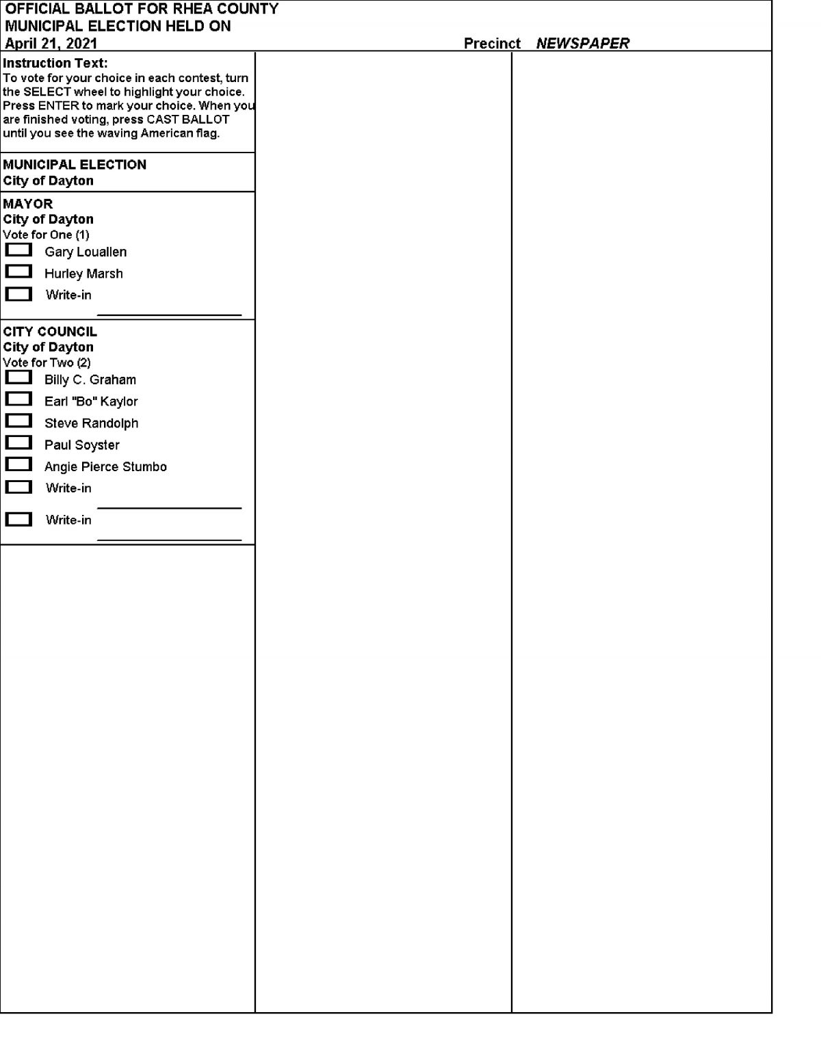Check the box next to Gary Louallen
tap(18, 250)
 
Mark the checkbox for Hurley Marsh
tap(18, 272)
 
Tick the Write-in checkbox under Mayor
tap(18, 294)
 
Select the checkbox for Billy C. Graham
tap(18, 377)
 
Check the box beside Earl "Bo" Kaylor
tap(18, 399)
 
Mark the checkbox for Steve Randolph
tap(18, 421)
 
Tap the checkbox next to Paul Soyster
tap(18, 443)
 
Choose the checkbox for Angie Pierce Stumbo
tap(18, 465)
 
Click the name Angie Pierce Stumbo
tap(105, 466)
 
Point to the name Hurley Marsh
tap(83, 274)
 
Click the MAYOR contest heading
tap(28, 204)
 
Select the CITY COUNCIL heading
tap(50, 332)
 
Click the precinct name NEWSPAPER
tap(582, 43)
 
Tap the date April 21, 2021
tap(51, 43)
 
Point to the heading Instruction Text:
tap(55, 63)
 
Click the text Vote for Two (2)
tap(47, 362)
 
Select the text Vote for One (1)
tap(46, 235)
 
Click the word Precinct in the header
tap(492, 43)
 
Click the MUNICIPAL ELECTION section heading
tap(75, 165)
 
